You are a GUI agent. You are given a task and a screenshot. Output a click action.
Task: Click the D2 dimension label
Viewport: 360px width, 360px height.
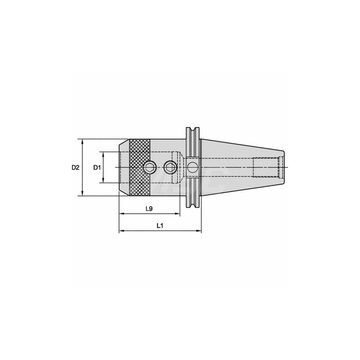(x=75, y=167)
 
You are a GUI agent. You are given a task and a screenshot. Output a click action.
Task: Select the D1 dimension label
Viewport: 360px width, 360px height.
(x=96, y=167)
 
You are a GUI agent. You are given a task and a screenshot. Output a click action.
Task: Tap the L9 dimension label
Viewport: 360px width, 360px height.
(x=149, y=208)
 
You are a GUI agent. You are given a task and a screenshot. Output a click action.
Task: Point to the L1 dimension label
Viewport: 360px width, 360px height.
(x=160, y=226)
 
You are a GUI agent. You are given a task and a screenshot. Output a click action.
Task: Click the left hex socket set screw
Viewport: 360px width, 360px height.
(x=149, y=167)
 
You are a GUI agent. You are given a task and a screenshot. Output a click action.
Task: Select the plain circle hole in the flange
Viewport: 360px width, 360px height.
(x=192, y=167)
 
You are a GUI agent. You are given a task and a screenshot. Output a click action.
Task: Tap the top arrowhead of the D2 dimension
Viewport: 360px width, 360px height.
(x=83, y=141)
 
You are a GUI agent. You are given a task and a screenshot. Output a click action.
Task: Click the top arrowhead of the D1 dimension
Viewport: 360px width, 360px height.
(x=104, y=154)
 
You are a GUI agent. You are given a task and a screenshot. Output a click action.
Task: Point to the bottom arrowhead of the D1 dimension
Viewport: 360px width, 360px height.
(x=104, y=181)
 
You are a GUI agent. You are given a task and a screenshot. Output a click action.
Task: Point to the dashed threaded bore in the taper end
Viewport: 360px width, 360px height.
(x=266, y=167)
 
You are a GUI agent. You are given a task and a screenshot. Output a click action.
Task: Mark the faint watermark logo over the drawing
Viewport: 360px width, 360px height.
(x=187, y=180)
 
